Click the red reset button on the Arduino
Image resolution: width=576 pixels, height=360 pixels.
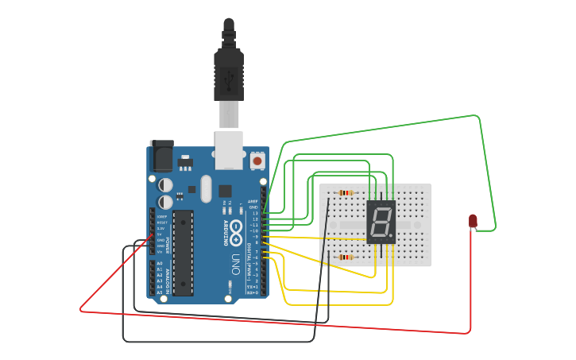coord(257,161)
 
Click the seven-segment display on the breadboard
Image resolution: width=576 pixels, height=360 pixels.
coord(381,222)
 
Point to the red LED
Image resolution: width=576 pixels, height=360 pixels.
coord(473,220)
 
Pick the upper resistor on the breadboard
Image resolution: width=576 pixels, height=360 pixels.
coord(346,192)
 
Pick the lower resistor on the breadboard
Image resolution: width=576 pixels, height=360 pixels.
coord(346,257)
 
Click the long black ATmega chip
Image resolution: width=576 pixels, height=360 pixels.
coord(183,253)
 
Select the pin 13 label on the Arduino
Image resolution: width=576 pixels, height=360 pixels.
coord(255,213)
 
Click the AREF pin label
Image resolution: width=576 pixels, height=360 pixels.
coord(253,202)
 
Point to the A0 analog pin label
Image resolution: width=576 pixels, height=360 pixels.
coord(159,263)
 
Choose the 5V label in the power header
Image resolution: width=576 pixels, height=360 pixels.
coord(160,234)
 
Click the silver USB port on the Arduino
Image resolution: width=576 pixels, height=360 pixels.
coord(229,150)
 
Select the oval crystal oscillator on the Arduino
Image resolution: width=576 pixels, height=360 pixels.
coord(207,188)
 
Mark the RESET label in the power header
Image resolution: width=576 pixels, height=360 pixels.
coord(161,223)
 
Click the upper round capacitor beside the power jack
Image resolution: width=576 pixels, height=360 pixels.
coord(165,184)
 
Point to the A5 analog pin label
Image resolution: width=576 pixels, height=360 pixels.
coord(159,292)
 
